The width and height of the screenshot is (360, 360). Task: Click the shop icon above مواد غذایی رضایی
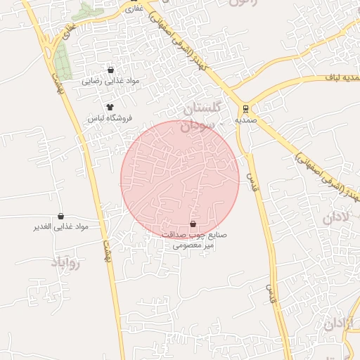(x=111, y=70)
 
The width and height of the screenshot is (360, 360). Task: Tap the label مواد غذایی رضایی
(x=111, y=81)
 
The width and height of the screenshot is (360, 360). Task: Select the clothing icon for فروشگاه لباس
(x=110, y=106)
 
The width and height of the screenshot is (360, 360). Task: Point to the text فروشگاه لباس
(x=110, y=118)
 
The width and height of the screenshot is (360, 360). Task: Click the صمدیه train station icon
(x=245, y=109)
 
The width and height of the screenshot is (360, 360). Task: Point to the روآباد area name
(x=67, y=264)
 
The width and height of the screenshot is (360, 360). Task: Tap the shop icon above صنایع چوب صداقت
(x=193, y=224)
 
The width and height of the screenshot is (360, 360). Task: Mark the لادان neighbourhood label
(x=335, y=217)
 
